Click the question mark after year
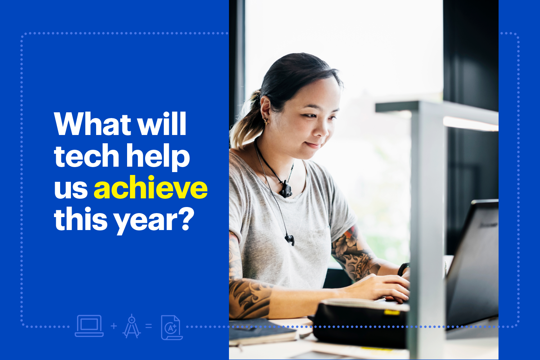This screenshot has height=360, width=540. [187, 219]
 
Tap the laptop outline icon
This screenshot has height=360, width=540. [89, 326]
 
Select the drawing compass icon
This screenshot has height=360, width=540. [132, 326]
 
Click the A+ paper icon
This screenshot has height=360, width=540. [172, 327]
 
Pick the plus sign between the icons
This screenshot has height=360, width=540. [114, 326]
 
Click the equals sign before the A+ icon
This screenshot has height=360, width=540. [149, 326]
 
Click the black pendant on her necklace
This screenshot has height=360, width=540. [286, 189]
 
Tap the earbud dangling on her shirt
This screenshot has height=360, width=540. [290, 240]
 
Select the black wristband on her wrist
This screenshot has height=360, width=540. [403, 269]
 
